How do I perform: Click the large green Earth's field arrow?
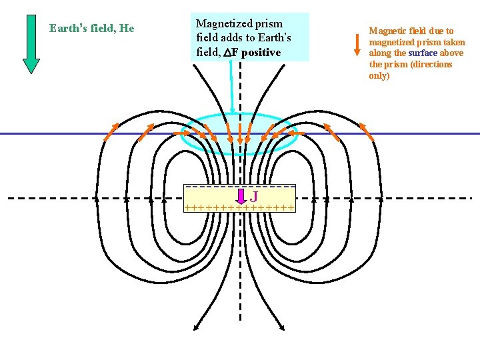click(31, 43)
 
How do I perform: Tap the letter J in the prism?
click(255, 197)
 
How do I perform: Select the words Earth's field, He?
click(92, 28)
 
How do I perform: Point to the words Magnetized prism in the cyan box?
click(239, 24)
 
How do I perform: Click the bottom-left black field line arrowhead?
click(195, 327)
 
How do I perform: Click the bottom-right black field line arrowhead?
click(283, 327)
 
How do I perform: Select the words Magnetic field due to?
click(411, 31)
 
